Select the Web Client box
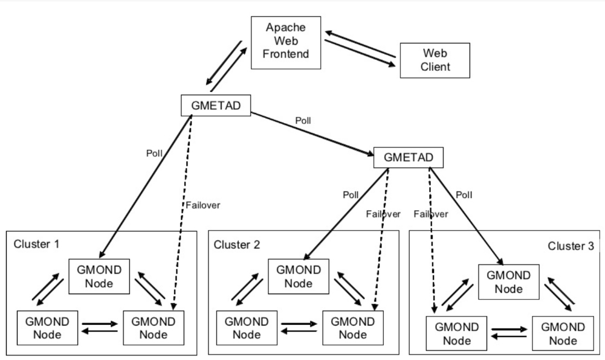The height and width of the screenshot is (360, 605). [435, 60]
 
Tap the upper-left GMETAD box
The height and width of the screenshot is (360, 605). [216, 105]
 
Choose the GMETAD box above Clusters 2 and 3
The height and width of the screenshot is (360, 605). [409, 158]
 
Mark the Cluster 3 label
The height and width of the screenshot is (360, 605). [571, 246]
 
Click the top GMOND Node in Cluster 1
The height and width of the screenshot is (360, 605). [100, 277]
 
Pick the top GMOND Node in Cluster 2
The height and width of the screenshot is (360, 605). [299, 277]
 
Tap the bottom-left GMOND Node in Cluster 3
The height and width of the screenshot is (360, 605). [456, 333]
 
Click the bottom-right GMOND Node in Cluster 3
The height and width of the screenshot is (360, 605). [562, 333]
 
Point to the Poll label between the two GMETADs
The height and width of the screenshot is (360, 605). [303, 120]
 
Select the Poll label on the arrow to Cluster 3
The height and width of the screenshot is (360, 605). [464, 194]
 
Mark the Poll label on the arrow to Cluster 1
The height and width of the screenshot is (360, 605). [154, 152]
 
